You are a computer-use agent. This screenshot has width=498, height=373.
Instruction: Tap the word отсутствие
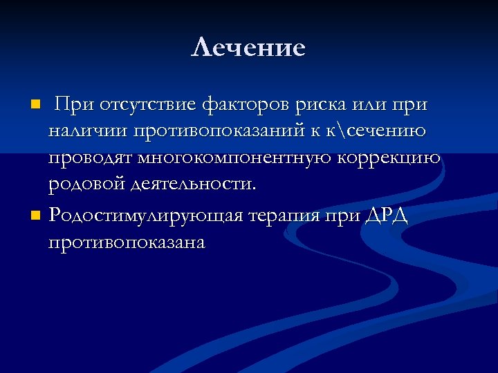[148, 105]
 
